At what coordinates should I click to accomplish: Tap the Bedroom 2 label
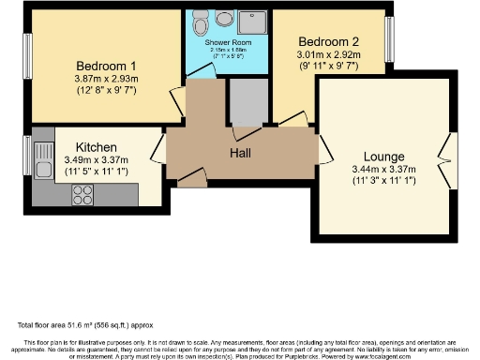[328, 41]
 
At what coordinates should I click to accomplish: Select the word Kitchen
[96, 147]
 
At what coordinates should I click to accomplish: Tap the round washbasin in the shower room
[225, 19]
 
